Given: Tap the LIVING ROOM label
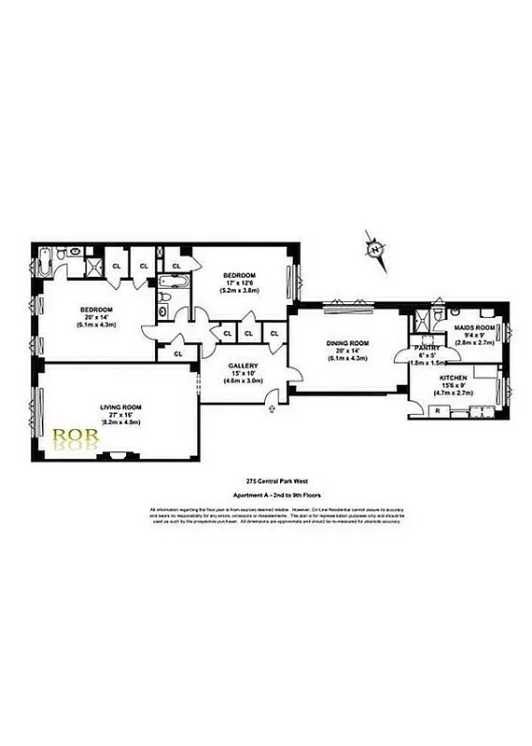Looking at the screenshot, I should [x=120, y=408].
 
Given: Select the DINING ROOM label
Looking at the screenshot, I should [x=347, y=343].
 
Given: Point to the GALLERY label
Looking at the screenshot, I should [x=243, y=366].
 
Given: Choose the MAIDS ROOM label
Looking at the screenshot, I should [x=472, y=328].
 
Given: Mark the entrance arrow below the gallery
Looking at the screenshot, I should [x=271, y=404].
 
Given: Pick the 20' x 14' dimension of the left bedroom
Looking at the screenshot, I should [x=96, y=317].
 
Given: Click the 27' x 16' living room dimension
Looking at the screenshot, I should [x=120, y=415].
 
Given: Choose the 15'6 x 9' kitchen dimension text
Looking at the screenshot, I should [x=454, y=387].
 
